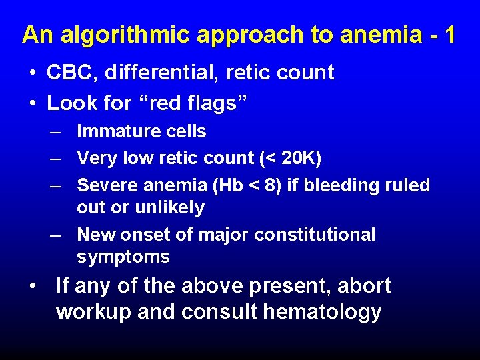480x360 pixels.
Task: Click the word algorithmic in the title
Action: click(121, 35)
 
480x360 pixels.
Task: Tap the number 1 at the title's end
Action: click(449, 34)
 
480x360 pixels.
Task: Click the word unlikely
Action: click(169, 207)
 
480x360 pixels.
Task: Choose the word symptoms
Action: click(123, 257)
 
